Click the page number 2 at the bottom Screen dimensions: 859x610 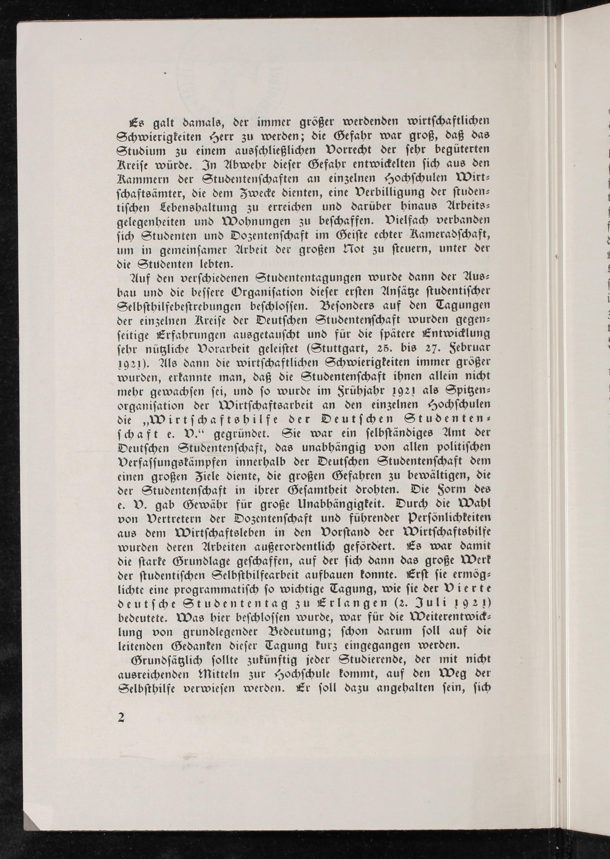(x=121, y=717)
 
